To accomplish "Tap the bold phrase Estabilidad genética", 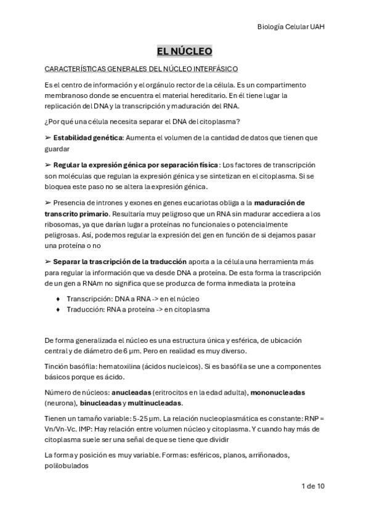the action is click(x=87, y=138).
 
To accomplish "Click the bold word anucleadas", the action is click(x=131, y=392).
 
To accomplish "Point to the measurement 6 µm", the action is click(x=174, y=350).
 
